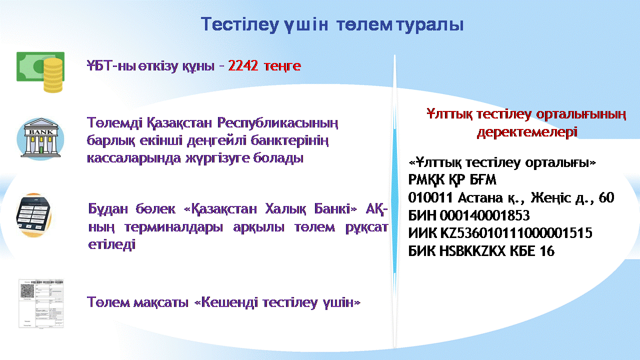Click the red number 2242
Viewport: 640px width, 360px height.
pyautogui.click(x=243, y=66)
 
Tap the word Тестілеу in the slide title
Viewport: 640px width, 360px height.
pyautogui.click(x=239, y=25)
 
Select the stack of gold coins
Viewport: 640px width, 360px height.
pyautogui.click(x=53, y=75)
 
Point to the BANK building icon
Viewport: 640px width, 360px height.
pyautogui.click(x=41, y=138)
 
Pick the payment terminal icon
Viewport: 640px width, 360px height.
pyautogui.click(x=33, y=215)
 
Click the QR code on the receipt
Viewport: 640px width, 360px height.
pyautogui.click(x=27, y=291)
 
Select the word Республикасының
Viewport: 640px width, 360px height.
pyautogui.click(x=277, y=123)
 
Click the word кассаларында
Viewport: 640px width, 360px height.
pyautogui.click(x=133, y=158)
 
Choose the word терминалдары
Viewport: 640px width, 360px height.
pyautogui.click(x=173, y=227)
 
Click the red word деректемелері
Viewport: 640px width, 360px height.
pyautogui.click(x=527, y=132)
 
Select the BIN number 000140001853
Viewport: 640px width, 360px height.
pyautogui.click(x=484, y=215)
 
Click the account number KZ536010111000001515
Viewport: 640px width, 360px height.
pyautogui.click(x=516, y=233)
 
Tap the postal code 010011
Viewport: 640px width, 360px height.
pyautogui.click(x=431, y=197)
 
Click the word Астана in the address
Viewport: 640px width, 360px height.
pyautogui.click(x=480, y=198)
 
